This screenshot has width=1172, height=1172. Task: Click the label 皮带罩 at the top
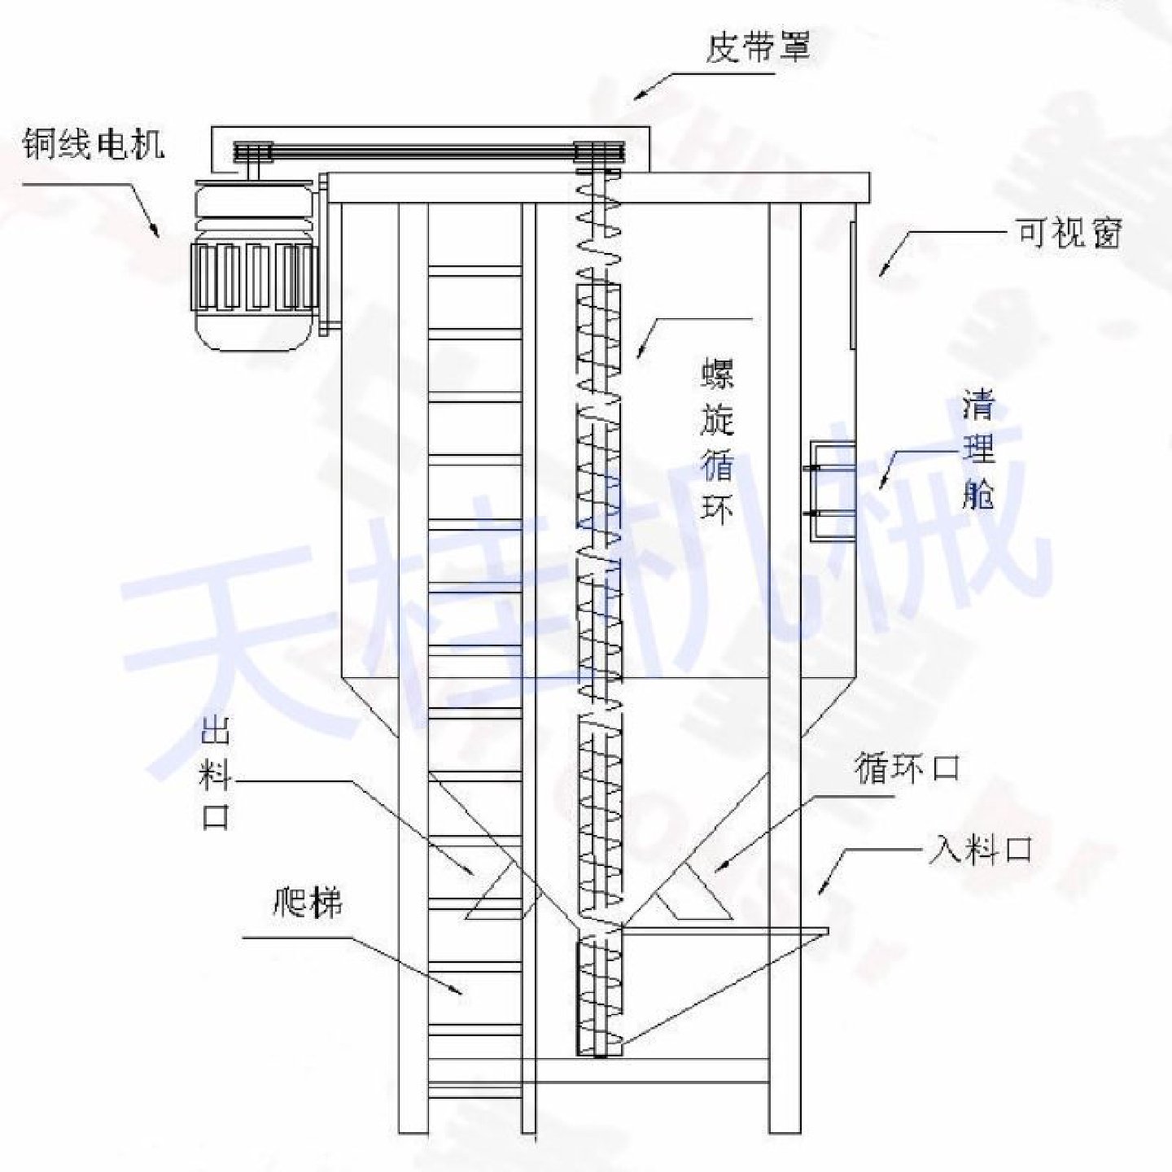point(757,48)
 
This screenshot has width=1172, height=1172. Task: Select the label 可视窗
point(1069,234)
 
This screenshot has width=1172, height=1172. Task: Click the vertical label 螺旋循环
point(717,442)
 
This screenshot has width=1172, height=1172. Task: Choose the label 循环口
point(907,767)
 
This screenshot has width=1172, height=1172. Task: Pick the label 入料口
point(980,851)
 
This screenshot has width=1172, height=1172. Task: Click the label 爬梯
point(308,903)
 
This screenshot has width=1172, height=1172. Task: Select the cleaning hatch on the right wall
point(832,492)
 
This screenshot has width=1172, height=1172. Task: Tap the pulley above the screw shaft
point(600,153)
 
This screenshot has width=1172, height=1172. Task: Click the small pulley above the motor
point(252,153)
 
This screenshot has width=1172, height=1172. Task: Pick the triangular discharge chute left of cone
point(501,895)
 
